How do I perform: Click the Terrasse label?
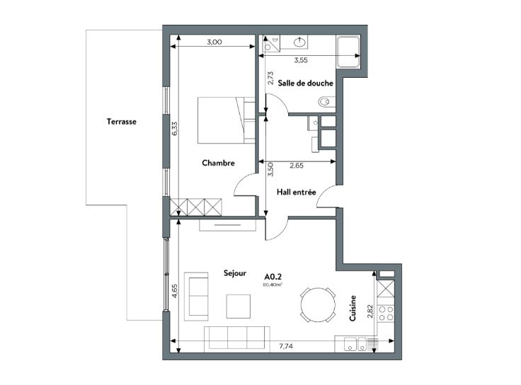point(122,122)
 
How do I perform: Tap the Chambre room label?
point(218,163)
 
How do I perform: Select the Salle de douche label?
point(305,83)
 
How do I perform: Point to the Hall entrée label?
point(296,192)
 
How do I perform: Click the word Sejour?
point(235,273)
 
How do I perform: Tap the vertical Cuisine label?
point(353,309)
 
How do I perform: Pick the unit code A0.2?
point(273,277)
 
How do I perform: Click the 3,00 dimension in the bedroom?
point(214,42)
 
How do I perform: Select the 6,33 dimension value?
point(175,128)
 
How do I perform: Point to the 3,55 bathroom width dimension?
point(301,60)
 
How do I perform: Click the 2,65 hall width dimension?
point(297,166)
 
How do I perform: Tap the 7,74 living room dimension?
point(286,346)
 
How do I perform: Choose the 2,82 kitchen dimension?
point(370,311)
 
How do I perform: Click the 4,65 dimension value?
point(175,291)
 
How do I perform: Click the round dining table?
point(318,304)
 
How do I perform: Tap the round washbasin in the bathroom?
point(300,42)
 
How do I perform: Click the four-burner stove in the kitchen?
point(386,314)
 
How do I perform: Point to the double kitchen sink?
point(355,344)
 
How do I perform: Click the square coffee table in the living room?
point(239,306)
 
